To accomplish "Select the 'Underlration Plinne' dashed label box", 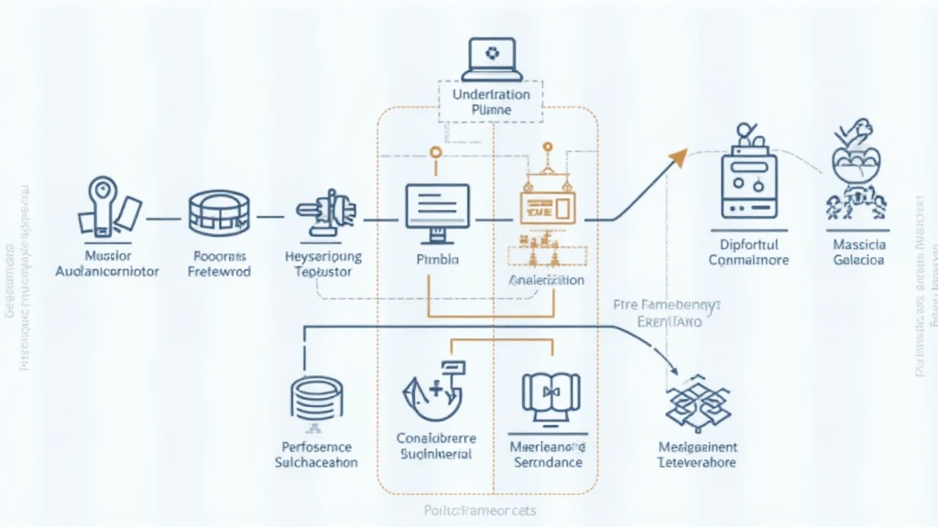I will [491, 102].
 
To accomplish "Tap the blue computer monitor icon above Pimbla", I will [437, 210].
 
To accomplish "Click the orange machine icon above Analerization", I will [547, 201].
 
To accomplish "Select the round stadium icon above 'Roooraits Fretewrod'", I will [218, 213].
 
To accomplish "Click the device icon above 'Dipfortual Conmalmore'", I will [747, 178].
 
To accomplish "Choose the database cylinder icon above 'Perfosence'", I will [317, 399].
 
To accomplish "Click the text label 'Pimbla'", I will [437, 260].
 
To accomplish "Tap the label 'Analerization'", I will [546, 280].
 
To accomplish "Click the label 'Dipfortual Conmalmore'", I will [748, 253].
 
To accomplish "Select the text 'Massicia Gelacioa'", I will [858, 253].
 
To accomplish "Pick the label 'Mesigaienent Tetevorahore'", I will [698, 455].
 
